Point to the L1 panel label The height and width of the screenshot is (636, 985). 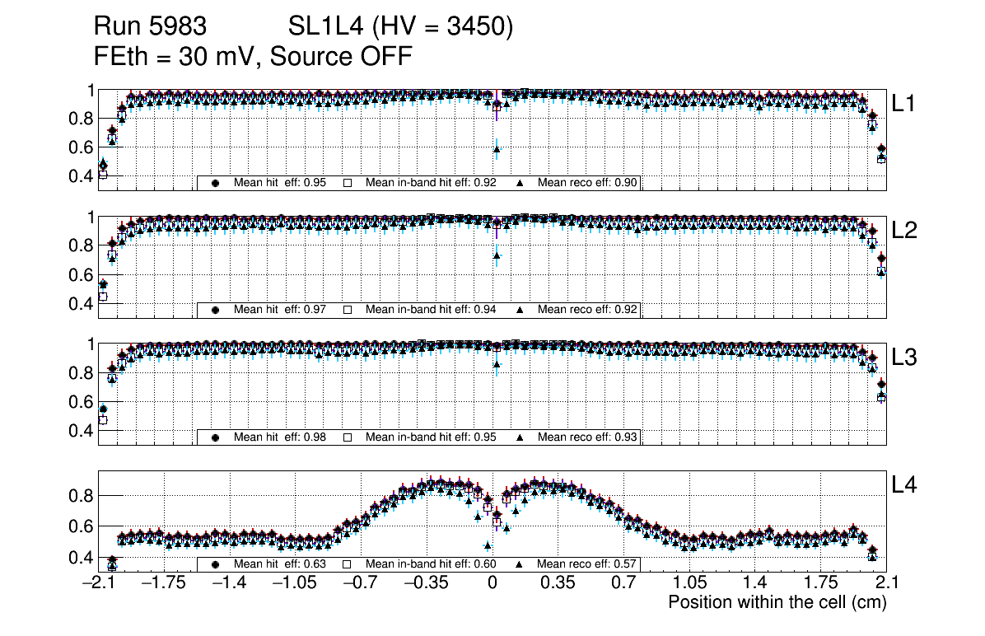pos(904,104)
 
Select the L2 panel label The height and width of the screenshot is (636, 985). pos(904,231)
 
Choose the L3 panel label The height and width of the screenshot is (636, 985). pos(904,358)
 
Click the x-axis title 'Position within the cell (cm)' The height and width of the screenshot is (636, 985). pos(777,602)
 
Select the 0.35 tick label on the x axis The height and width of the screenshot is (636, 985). pos(558,583)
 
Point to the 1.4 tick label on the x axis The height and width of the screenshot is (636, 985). pos(756,583)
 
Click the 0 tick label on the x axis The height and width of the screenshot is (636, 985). pos(492,583)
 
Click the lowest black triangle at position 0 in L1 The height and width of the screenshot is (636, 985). pos(497,149)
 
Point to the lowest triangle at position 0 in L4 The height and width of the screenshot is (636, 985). pos(488,545)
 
